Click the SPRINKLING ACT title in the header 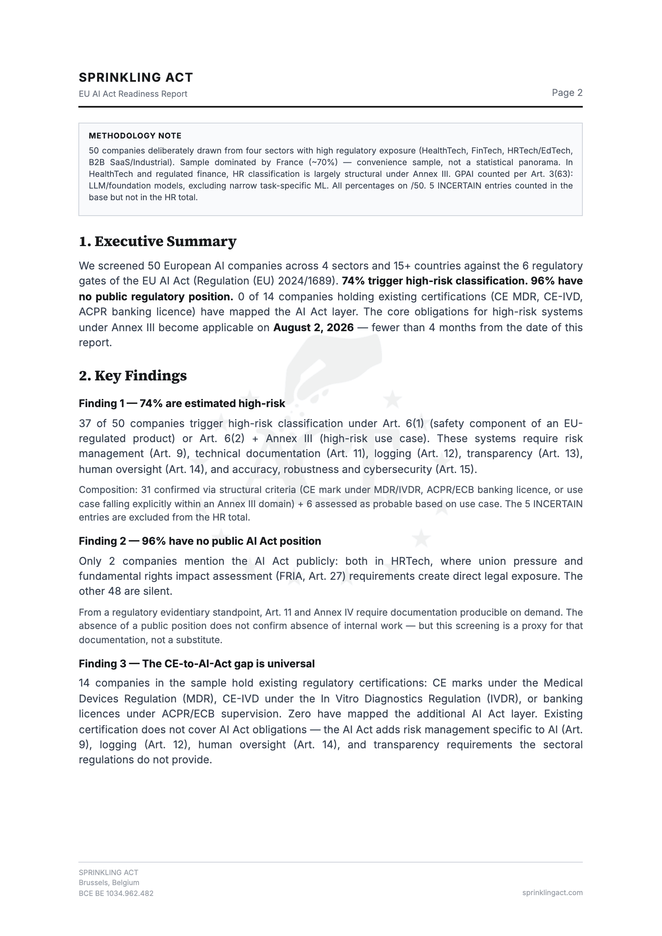click(136, 78)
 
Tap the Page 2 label click(567, 93)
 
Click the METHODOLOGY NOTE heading click(135, 136)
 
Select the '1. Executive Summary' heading click(158, 242)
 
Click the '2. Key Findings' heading click(133, 376)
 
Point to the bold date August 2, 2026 click(313, 327)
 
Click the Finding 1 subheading click(182, 403)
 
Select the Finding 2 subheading click(200, 541)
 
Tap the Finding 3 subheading click(196, 664)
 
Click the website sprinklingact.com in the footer click(552, 893)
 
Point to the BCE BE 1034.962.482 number click(116, 893)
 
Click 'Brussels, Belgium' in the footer click(109, 882)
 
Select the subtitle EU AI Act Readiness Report click(133, 94)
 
